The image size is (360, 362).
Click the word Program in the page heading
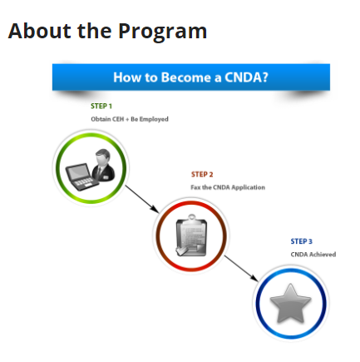[163, 32]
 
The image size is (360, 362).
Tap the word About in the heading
[39, 30]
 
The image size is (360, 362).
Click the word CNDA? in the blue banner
[246, 77]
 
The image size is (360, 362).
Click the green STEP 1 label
[101, 106]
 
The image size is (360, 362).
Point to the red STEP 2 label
[202, 175]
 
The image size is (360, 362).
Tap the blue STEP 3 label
[302, 241]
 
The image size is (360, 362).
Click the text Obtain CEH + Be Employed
[130, 119]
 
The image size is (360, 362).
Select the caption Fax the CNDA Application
[228, 187]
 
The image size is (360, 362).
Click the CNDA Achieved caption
[313, 255]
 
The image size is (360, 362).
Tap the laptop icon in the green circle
[81, 177]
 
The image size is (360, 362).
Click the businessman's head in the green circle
[103, 156]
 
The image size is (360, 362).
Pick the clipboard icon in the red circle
[191, 236]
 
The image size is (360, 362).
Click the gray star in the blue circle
[290, 304]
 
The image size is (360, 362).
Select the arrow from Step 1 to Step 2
[142, 199]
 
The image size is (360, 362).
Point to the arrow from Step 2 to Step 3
[241, 268]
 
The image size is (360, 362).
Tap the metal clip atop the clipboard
[191, 218]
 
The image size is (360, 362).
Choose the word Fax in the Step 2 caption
[195, 187]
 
